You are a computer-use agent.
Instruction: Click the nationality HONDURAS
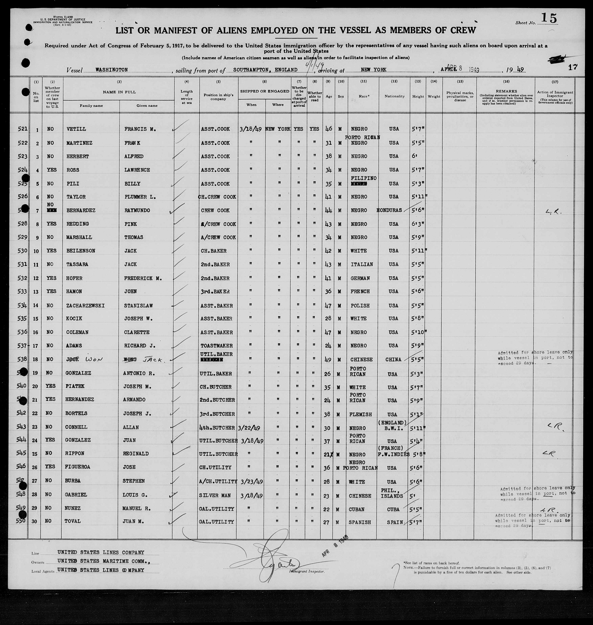389,210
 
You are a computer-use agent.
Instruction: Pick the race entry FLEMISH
361,414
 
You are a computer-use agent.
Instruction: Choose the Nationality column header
394,96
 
